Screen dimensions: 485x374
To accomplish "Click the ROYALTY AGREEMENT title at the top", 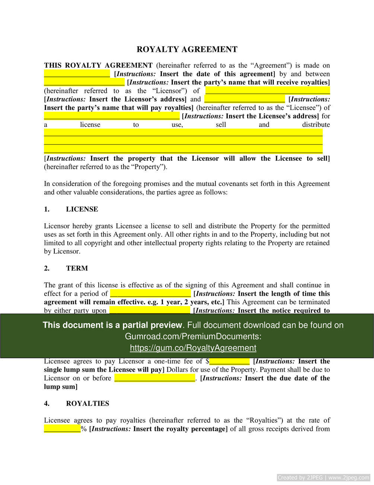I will tap(187, 50).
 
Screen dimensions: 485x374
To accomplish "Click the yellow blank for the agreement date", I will tap(77, 73).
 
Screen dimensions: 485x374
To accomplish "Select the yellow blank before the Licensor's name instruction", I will tap(84, 82).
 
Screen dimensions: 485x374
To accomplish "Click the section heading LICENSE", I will tap(82, 209).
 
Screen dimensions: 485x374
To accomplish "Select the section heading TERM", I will tap(77, 268).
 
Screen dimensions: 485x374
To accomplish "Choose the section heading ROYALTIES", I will tap(87, 403).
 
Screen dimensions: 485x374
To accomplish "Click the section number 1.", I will tap(47, 209).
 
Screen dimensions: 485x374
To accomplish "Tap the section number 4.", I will tap(47, 403).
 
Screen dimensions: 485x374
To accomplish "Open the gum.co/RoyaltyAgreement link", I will tap(193, 348).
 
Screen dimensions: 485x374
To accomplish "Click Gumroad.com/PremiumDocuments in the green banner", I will tap(193, 336).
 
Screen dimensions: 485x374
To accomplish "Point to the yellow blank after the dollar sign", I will tap(229, 361).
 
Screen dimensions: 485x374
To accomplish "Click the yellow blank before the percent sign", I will tap(63, 429).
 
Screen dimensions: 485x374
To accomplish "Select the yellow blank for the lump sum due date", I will tap(155, 378).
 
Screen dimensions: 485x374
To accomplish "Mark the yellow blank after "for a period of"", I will tap(150, 293).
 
